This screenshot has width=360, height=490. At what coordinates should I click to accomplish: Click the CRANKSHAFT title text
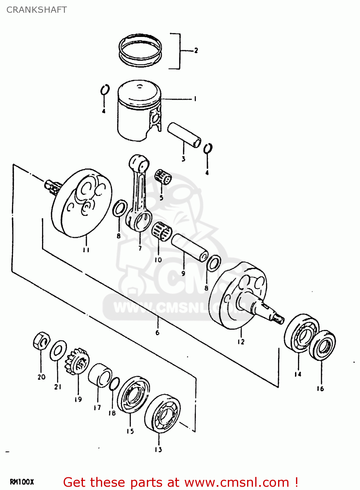(37, 10)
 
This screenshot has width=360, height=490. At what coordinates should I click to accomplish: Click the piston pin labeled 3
(184, 135)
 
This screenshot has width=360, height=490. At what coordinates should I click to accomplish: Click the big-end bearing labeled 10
(162, 230)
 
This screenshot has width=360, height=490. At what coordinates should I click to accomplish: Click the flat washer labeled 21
(58, 351)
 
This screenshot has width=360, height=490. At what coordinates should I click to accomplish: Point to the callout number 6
(157, 333)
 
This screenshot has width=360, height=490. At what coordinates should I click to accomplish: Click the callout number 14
(298, 374)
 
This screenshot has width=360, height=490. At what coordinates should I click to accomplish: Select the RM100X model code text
(22, 482)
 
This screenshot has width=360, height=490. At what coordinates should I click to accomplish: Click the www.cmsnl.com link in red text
(237, 482)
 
